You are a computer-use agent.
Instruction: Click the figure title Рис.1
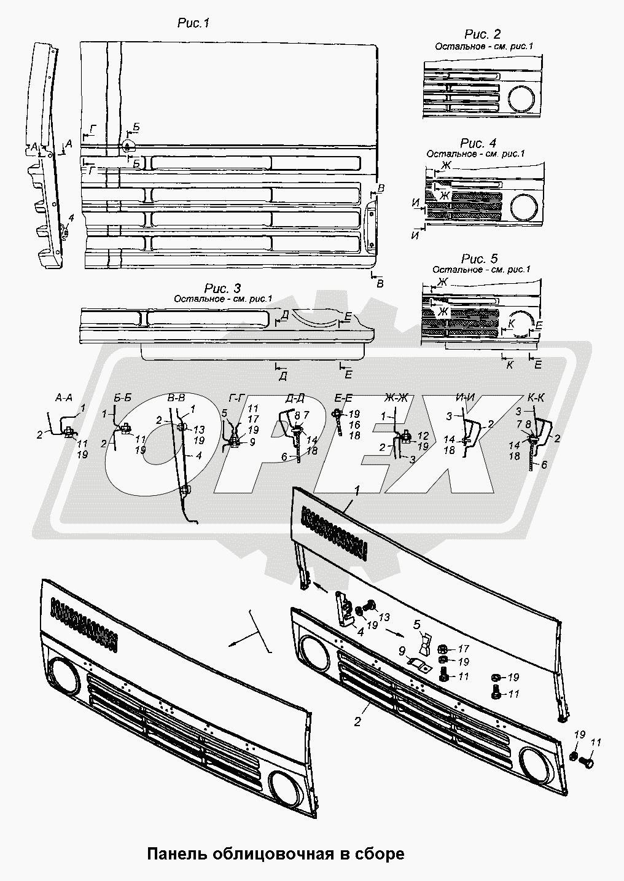[x=193, y=23]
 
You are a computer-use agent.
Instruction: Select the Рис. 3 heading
[x=223, y=289]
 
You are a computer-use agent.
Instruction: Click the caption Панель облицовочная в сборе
[x=275, y=853]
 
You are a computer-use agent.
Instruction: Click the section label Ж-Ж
[x=397, y=398]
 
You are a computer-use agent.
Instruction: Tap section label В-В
[x=177, y=398]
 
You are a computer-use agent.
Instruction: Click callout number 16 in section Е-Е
[x=354, y=425]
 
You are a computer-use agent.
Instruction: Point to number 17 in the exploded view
[x=463, y=649]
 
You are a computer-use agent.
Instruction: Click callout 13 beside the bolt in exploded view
[x=384, y=617]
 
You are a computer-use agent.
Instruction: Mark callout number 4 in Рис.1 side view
[x=71, y=217]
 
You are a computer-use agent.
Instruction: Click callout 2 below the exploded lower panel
[x=357, y=722]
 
